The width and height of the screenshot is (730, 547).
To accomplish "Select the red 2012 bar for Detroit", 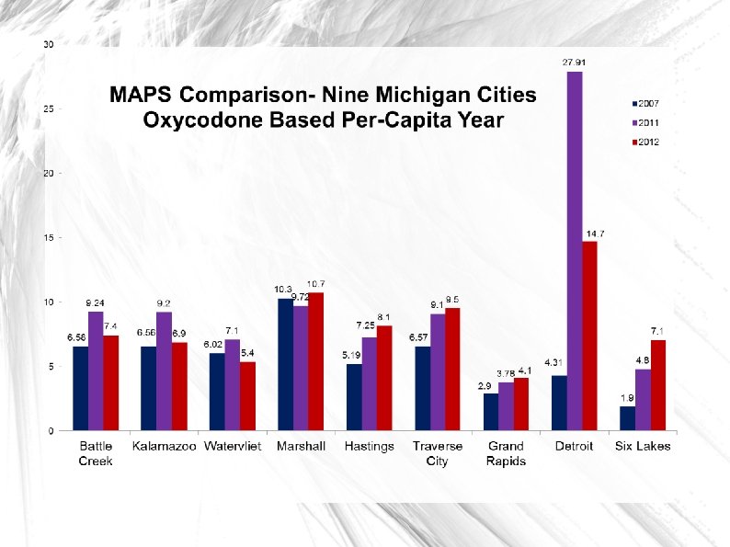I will [x=589, y=336].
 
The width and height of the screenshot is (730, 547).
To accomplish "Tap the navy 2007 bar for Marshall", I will [x=285, y=364].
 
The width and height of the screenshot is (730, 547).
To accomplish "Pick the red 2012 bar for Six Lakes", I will [x=657, y=384].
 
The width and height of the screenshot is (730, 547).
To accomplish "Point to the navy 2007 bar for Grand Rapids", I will [x=491, y=411].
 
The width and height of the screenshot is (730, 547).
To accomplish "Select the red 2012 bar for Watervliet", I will [x=247, y=395].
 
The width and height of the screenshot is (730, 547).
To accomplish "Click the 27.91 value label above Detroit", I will [x=575, y=63].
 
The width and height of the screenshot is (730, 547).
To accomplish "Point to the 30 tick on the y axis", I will [x=48, y=44].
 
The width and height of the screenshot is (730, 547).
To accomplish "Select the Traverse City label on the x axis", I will [x=437, y=453].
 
